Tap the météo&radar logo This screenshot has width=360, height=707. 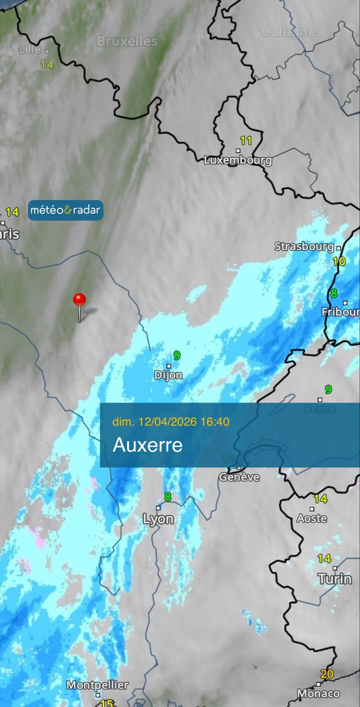pos(65,210)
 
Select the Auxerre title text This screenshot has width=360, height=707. pos(147,445)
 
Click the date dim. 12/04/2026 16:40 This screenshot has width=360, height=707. pos(171,421)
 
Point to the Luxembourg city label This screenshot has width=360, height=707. pos(238,160)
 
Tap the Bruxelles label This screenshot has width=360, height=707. pos(127,41)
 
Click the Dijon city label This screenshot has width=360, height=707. pos(168,375)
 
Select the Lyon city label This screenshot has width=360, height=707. pos(158,519)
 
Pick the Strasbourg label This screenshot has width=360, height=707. pos(305,246)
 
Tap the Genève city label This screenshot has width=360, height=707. pos(239,477)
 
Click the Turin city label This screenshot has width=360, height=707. pos(335,579)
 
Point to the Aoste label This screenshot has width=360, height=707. pos(312,518)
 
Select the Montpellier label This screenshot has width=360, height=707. pos(97,685)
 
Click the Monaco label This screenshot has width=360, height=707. pos(319,693)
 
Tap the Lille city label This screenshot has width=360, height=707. pos(30,49)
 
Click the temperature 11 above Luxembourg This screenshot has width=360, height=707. pos(246,141)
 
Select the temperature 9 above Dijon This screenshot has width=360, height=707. pos(176,355)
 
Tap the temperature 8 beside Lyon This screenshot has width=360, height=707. pos(167,497)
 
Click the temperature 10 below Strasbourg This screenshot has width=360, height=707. pos(338,261)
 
